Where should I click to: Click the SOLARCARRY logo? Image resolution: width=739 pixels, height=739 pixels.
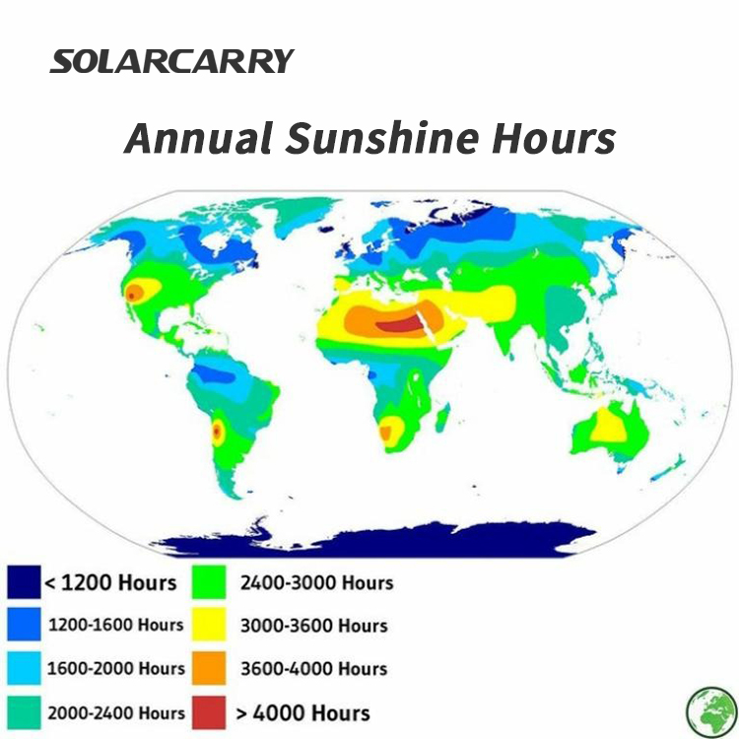click(x=172, y=61)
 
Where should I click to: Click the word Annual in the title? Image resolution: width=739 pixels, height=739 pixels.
click(x=198, y=138)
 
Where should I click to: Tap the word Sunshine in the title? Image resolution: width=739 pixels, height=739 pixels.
click(x=382, y=138)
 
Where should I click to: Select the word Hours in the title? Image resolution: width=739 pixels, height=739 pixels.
click(x=554, y=138)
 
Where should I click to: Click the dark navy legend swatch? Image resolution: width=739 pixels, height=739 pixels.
click(x=24, y=582)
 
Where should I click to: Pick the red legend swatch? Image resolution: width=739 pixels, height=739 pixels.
click(x=209, y=712)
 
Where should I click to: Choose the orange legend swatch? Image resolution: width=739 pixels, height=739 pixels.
click(x=209, y=668)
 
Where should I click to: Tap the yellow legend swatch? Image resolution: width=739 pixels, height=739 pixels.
click(x=209, y=625)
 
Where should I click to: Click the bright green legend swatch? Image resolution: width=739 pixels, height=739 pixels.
click(x=209, y=582)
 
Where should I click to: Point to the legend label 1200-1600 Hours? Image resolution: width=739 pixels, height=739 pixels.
click(x=116, y=625)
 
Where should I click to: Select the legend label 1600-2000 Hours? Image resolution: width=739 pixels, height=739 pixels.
click(x=116, y=668)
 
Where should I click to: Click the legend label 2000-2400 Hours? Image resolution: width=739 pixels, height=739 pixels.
click(x=116, y=712)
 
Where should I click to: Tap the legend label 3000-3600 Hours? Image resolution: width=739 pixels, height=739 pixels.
click(x=314, y=626)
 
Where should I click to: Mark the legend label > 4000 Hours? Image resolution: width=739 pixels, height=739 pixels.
click(x=303, y=713)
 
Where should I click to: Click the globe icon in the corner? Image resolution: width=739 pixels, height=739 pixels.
click(x=711, y=712)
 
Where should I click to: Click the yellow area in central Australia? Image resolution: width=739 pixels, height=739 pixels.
click(x=609, y=426)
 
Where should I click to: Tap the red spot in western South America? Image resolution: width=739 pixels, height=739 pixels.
click(x=217, y=431)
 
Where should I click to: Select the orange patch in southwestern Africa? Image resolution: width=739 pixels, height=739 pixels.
click(x=386, y=433)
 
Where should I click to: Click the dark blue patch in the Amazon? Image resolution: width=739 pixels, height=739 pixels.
click(x=215, y=374)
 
